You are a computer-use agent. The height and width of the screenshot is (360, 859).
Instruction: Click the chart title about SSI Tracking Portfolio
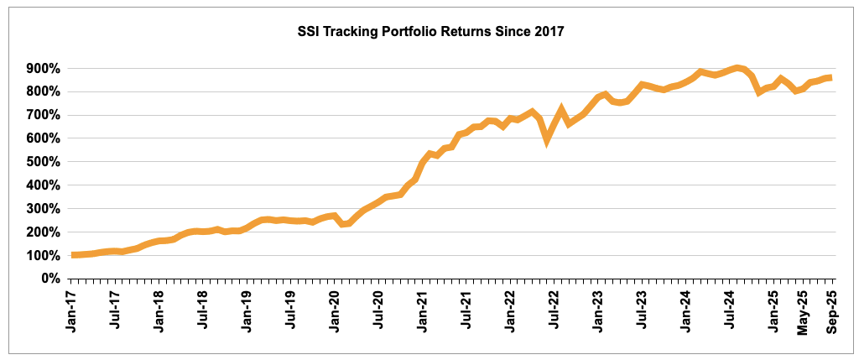pos(430,33)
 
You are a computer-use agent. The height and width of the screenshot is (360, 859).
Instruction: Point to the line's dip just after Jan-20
pos(341,224)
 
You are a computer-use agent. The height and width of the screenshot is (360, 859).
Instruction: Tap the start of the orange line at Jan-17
pos(75,255)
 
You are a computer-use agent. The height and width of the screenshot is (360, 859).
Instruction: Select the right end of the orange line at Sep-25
pos(830,77)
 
